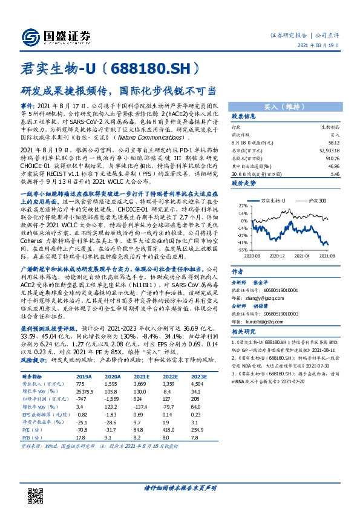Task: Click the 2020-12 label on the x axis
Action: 278,256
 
